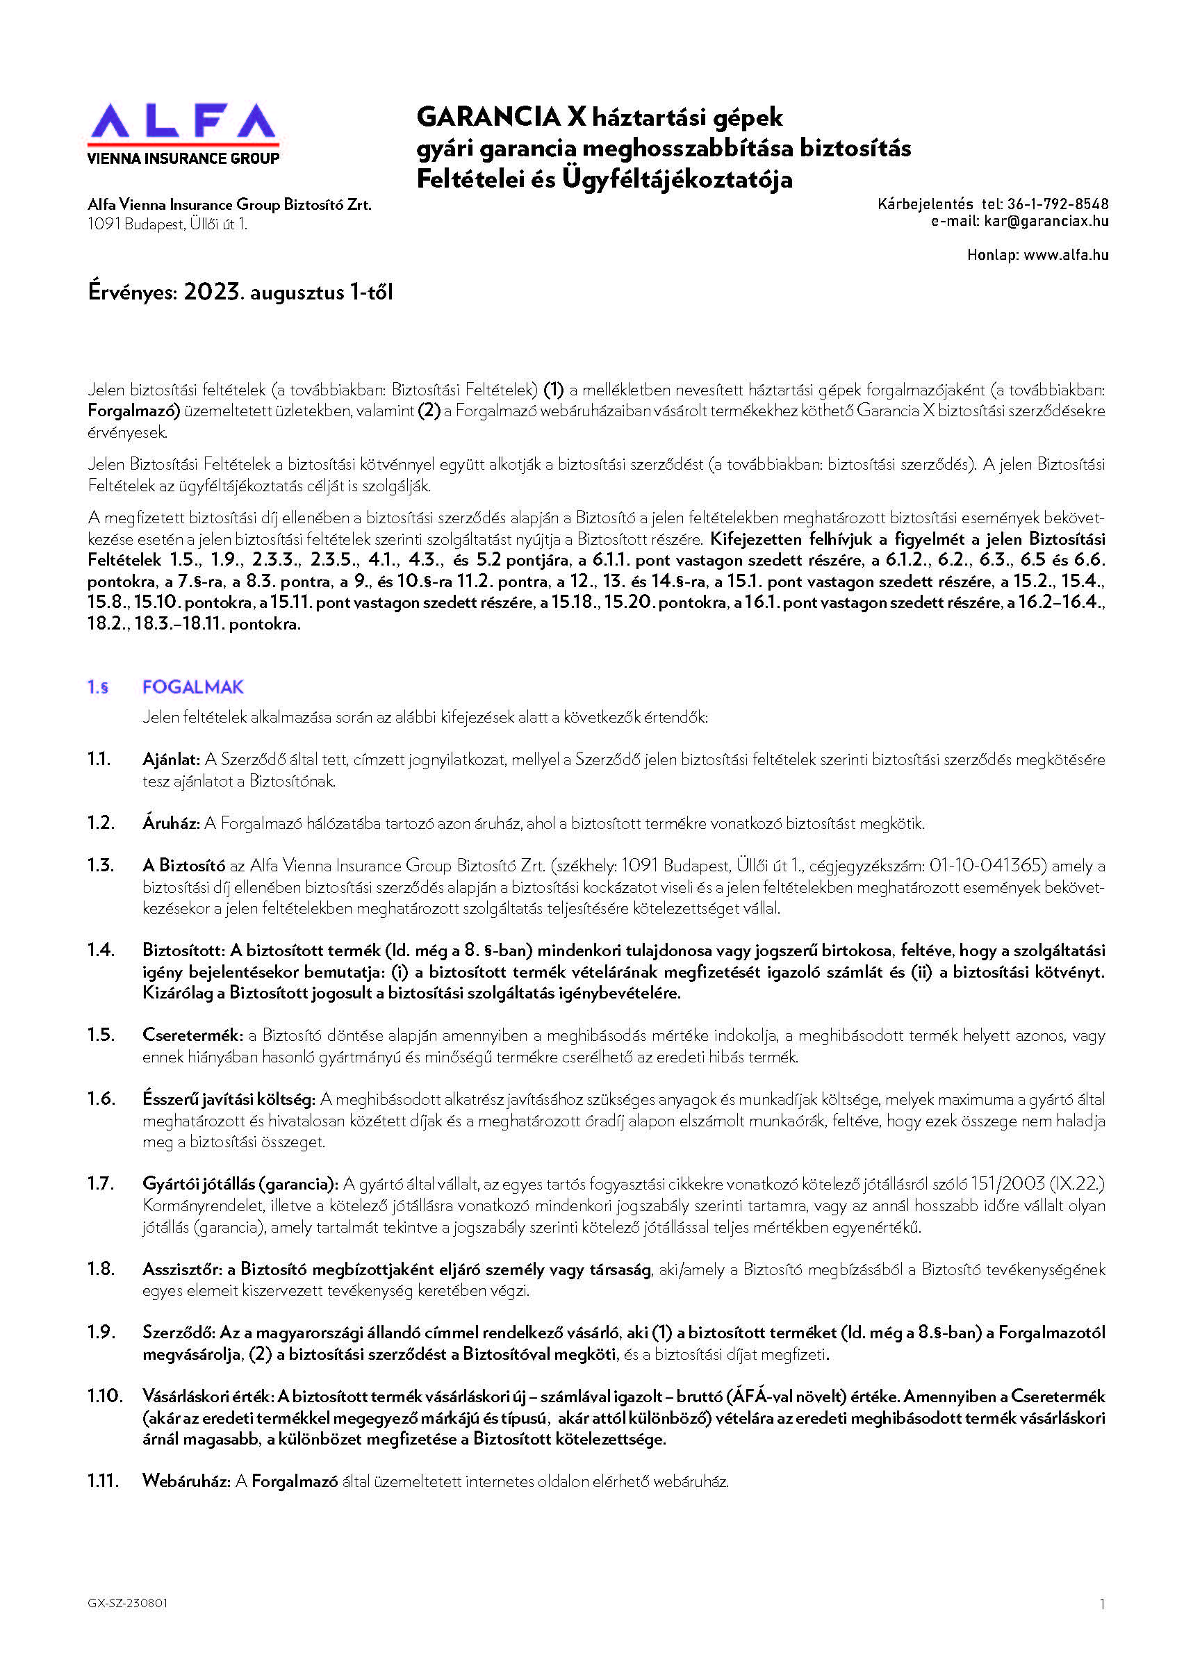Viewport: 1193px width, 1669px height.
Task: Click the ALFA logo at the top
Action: [x=183, y=123]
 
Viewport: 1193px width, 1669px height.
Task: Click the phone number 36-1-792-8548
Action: [x=1057, y=204]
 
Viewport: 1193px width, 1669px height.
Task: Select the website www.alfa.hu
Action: [x=1066, y=256]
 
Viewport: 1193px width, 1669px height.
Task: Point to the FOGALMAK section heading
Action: [x=192, y=686]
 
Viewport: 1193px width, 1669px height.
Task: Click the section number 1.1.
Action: [x=99, y=759]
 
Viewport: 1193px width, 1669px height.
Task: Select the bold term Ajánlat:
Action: [x=171, y=759]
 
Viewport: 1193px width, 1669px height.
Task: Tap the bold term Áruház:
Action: [x=171, y=823]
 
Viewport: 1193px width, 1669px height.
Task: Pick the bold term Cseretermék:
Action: [x=192, y=1035]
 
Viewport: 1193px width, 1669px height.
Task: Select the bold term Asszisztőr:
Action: [x=182, y=1269]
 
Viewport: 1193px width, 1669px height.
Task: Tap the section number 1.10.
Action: [x=104, y=1396]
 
